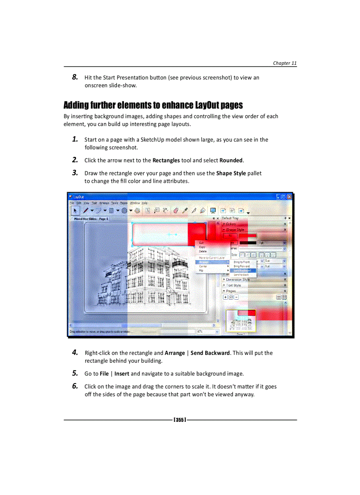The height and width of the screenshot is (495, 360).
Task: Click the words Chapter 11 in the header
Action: click(x=285, y=63)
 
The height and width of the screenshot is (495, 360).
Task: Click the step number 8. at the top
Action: click(x=75, y=77)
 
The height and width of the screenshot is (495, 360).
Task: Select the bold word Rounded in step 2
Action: click(x=231, y=160)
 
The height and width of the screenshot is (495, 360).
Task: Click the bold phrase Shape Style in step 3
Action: click(x=231, y=173)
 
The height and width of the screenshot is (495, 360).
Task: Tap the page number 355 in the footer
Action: click(x=180, y=420)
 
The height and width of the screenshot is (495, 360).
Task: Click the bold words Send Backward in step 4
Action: click(x=210, y=353)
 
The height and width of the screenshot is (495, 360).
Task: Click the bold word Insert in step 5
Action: click(x=122, y=374)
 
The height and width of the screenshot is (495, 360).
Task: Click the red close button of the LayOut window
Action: click(x=289, y=197)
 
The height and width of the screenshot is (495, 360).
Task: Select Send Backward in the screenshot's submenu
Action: click(x=242, y=270)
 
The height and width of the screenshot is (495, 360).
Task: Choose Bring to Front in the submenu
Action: click(x=241, y=262)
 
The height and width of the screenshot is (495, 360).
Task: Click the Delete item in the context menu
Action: click(x=202, y=251)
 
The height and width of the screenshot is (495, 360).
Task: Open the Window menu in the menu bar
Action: click(x=135, y=203)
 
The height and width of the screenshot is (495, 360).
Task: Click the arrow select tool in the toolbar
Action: click(x=75, y=211)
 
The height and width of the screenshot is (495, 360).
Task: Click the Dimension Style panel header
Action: click(x=238, y=279)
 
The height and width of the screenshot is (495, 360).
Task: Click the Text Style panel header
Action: click(x=234, y=285)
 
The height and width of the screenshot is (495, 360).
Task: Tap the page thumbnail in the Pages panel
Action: click(x=240, y=321)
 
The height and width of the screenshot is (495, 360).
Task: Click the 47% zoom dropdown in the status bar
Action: click(x=207, y=331)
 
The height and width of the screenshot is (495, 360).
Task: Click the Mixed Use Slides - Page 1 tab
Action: click(x=91, y=218)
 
